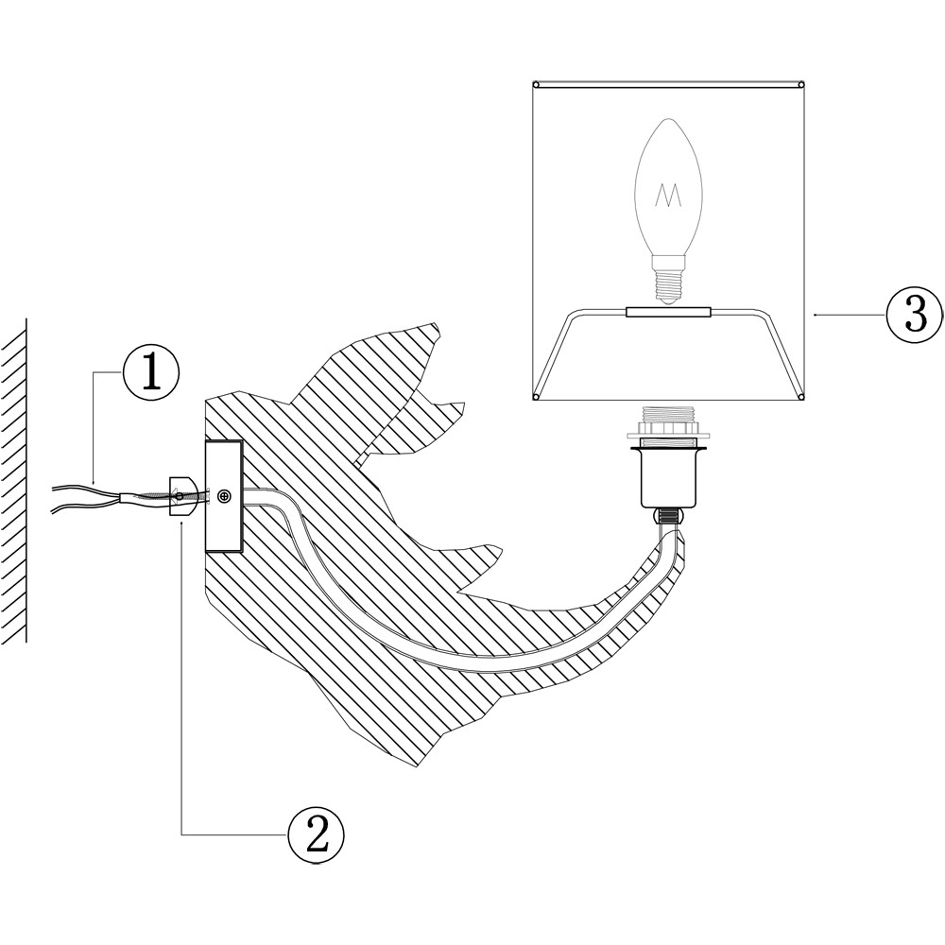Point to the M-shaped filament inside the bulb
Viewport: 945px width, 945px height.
[x=669, y=196]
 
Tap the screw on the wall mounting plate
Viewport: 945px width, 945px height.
[x=224, y=495]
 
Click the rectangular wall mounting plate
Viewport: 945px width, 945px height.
[x=223, y=497]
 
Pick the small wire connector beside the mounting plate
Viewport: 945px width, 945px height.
[x=182, y=495]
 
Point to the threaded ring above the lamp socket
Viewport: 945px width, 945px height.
[x=669, y=421]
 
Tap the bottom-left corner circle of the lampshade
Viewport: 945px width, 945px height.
[x=535, y=396]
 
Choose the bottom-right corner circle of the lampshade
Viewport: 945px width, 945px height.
[x=802, y=396]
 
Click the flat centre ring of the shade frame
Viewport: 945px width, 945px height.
[x=669, y=311]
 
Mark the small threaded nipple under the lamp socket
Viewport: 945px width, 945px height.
[x=669, y=517]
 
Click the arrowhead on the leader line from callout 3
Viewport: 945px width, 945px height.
[x=815, y=312]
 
